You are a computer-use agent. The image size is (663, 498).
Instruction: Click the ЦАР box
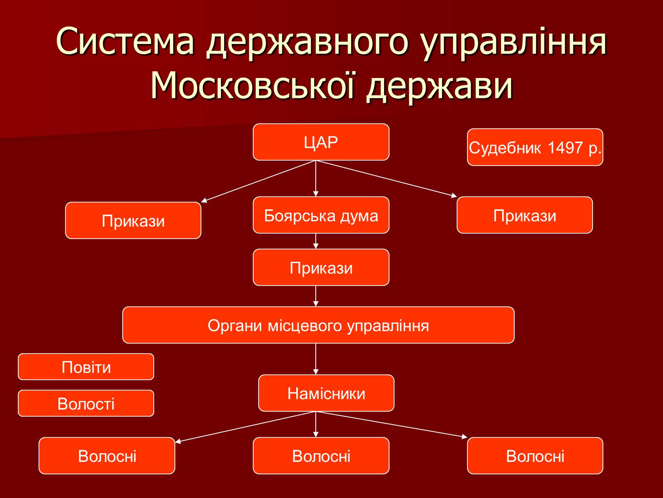[x=321, y=142]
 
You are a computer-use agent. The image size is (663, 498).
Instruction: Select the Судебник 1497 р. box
[x=535, y=147]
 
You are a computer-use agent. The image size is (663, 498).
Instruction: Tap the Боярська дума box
[x=321, y=215]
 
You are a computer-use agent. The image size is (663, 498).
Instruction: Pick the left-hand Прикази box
[x=133, y=220]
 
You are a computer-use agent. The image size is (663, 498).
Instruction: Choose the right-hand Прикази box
[x=525, y=215]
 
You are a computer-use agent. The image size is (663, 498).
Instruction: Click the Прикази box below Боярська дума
[x=321, y=267]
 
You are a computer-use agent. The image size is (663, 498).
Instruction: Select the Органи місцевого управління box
[x=318, y=325]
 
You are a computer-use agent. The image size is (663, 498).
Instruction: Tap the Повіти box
[x=86, y=367]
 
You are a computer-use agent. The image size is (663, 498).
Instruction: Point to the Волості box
[x=86, y=403]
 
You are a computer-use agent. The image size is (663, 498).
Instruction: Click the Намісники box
[x=326, y=393]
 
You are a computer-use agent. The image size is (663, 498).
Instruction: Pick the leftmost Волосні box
[x=107, y=456]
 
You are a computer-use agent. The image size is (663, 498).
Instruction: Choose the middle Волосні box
[x=321, y=456]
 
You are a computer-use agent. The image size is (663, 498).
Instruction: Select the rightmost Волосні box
[x=535, y=456]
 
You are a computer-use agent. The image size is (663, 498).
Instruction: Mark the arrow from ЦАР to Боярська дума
[x=316, y=178]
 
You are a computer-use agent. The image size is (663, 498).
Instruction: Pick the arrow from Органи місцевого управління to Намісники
[x=316, y=359]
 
